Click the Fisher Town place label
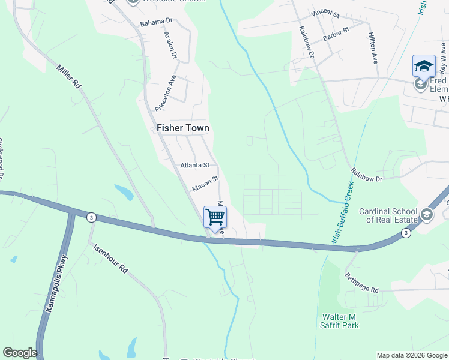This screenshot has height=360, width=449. (x=183, y=128)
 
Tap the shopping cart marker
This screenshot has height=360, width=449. (x=215, y=217)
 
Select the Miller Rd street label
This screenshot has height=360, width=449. (x=69, y=77)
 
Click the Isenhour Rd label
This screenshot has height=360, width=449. (x=109, y=259)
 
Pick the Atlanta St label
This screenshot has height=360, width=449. (x=195, y=165)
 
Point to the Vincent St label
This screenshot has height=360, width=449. (x=325, y=13)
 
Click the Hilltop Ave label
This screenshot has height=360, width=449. (x=373, y=49)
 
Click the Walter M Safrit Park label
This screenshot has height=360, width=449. (x=340, y=321)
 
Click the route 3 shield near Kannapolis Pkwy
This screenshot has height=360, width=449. (x=91, y=217)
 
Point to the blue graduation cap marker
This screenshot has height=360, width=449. (x=424, y=66)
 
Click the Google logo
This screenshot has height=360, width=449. (x=20, y=353)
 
